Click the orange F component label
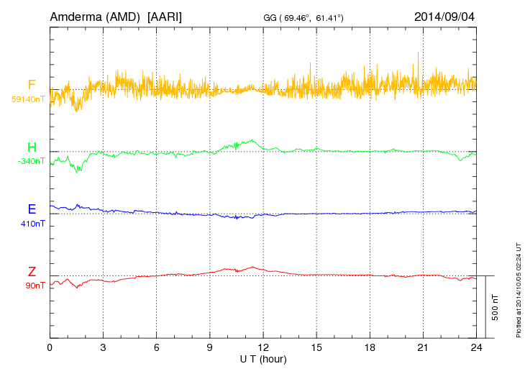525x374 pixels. tap(32, 86)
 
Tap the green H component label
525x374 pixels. tap(32, 148)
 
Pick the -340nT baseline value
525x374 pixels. tap(31, 160)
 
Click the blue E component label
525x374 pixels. tap(32, 210)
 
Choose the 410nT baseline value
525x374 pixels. tap(33, 224)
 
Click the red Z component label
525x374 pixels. tap(32, 272)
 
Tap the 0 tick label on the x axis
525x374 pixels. tap(50, 347)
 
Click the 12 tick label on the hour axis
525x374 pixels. tap(263, 347)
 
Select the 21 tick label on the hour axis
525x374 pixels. tap(423, 347)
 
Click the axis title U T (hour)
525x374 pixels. tap(263, 358)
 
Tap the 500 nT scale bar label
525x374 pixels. tap(496, 306)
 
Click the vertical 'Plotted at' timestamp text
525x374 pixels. tap(519, 288)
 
